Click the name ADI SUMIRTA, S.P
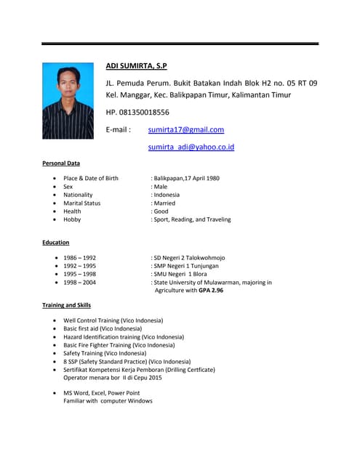[x=137, y=66]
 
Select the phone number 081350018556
[x=145, y=112]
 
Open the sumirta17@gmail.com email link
[x=185, y=129]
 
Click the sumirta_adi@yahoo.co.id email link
[x=191, y=147]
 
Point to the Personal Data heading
[x=61, y=163]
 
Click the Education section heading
[x=56, y=242]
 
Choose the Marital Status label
[x=81, y=203]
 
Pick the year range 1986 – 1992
[x=79, y=258]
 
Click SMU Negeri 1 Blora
[x=185, y=274]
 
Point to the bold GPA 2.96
[x=210, y=290]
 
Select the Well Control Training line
[x=113, y=320]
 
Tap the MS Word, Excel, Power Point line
[x=101, y=393]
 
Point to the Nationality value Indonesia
[x=167, y=195]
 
